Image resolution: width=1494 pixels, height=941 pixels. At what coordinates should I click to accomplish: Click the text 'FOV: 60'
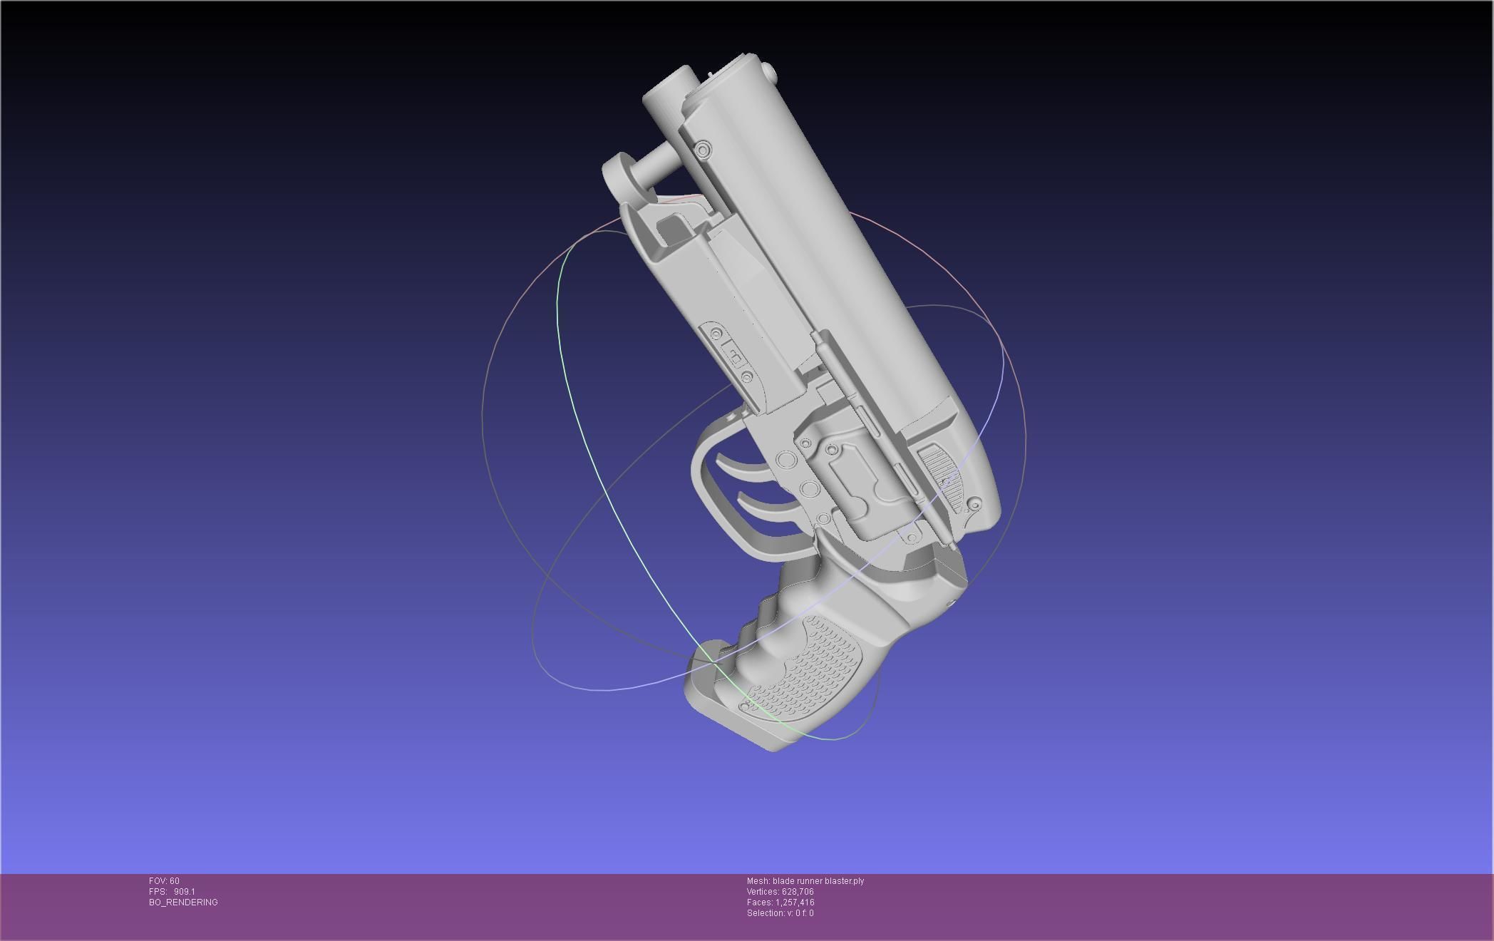tap(164, 881)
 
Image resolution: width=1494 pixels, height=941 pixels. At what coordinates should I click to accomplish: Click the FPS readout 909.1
tap(184, 892)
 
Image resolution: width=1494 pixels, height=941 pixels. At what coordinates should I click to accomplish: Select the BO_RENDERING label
tap(183, 903)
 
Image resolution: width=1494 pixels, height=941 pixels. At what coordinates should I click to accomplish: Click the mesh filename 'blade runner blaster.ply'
tap(818, 881)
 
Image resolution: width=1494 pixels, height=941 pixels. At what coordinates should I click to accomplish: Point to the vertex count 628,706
tap(798, 892)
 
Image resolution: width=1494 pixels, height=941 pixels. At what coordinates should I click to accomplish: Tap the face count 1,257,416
tap(795, 903)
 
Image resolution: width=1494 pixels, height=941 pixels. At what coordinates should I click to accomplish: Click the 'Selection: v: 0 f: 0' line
tap(780, 913)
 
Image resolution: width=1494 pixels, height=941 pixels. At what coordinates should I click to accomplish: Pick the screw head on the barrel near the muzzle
tap(703, 150)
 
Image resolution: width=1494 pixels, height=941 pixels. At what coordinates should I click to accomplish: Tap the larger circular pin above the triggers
tap(785, 460)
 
